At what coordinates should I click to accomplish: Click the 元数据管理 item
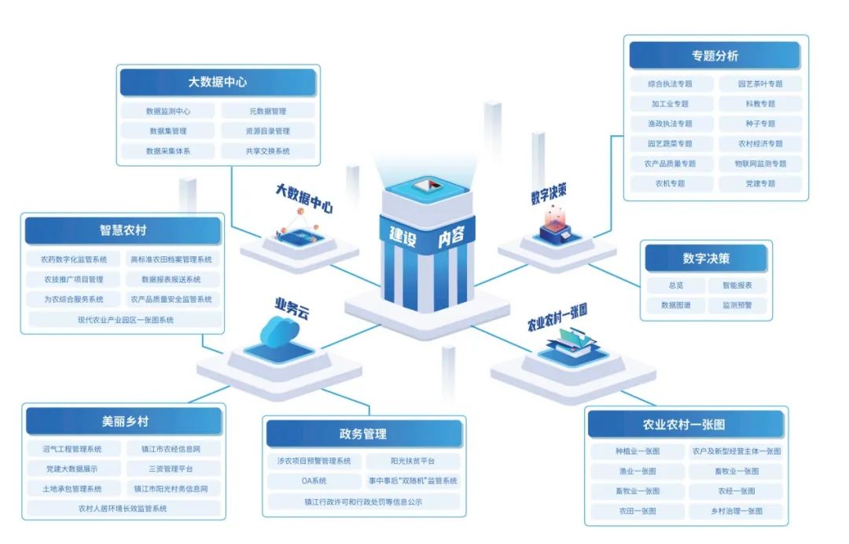tap(267, 112)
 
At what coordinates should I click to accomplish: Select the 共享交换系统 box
tap(267, 151)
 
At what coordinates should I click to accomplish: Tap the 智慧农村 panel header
tap(123, 231)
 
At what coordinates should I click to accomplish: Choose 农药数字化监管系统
tap(75, 259)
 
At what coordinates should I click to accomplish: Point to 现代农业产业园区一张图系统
tap(126, 320)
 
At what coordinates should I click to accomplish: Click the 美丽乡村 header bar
tap(125, 421)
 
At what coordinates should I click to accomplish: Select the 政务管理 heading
tap(363, 434)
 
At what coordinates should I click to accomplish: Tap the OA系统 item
tap(314, 481)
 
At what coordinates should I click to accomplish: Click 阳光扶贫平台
tap(413, 461)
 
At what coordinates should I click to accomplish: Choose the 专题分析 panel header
tap(715, 56)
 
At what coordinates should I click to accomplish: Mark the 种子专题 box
tap(760, 123)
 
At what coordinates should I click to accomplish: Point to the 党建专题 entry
tap(760, 183)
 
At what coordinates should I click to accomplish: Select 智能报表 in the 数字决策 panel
tap(731, 285)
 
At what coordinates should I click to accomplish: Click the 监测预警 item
tap(731, 305)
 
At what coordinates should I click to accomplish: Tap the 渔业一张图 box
tap(638, 472)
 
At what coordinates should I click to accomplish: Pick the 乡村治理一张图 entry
tap(736, 511)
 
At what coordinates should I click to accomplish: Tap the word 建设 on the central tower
tap(403, 234)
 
